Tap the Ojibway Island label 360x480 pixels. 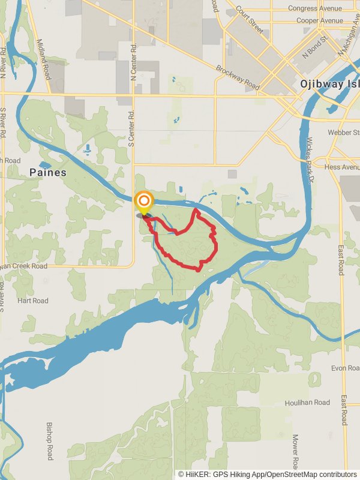[329, 85]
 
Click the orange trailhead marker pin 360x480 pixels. [144, 202]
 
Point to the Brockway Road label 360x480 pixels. [238, 77]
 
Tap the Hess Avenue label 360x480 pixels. [341, 167]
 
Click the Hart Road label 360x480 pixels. [33, 301]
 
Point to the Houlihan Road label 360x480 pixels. [308, 403]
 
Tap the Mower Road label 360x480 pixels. [295, 451]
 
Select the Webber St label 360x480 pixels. [343, 132]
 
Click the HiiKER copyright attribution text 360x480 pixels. [268, 474]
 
